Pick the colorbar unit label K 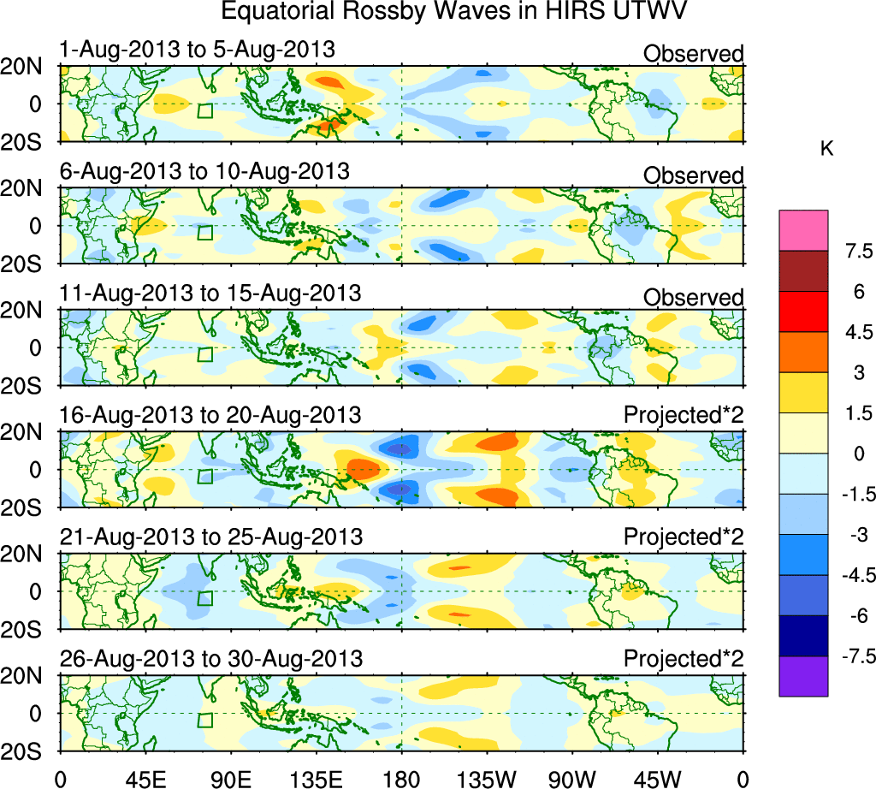click(x=827, y=149)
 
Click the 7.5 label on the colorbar click(x=855, y=252)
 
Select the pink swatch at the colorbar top click(x=803, y=230)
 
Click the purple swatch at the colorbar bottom click(x=803, y=676)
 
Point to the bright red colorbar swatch click(x=803, y=311)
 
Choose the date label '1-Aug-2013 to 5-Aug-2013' click(x=197, y=50)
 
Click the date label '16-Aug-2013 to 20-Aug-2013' click(x=210, y=416)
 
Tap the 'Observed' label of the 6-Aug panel click(x=694, y=175)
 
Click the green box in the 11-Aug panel click(x=204, y=354)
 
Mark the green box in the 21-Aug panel click(x=204, y=598)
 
